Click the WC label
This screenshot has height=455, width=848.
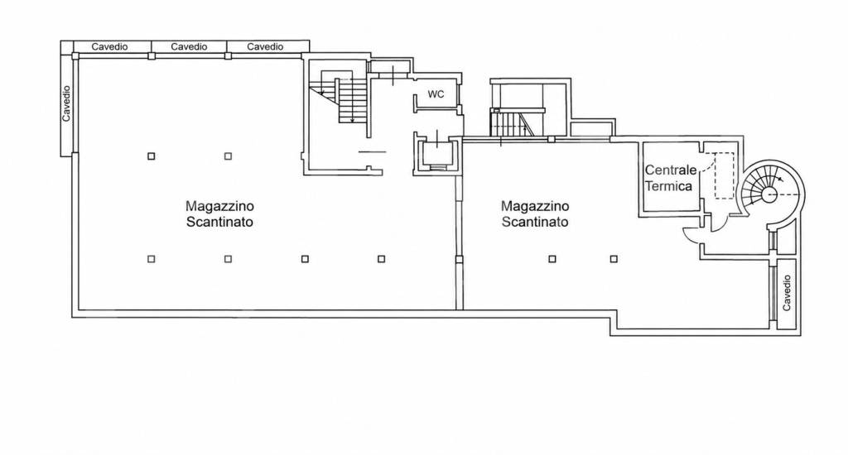coord(436,94)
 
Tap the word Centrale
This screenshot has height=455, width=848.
coord(671,170)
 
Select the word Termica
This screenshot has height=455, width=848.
coord(668,186)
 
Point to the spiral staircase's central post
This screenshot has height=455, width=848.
coord(768,194)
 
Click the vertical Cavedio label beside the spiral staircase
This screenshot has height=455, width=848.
coord(787,293)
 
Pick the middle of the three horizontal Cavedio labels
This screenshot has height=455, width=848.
coord(189,46)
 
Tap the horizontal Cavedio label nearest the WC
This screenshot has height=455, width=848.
coord(265,46)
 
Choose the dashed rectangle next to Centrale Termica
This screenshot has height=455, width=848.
coord(723,175)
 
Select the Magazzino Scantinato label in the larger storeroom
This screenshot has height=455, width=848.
coord(219,213)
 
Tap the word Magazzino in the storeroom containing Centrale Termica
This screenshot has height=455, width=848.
coord(535,206)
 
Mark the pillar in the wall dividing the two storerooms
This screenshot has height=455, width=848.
coord(459,260)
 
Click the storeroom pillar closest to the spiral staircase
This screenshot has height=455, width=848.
coord(614,259)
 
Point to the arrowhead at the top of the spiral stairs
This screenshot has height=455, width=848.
coord(778,179)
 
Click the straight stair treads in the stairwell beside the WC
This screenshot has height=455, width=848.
coord(352,100)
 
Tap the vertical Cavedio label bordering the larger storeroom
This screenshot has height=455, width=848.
coord(66,103)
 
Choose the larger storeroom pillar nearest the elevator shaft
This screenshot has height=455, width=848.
coord(381,259)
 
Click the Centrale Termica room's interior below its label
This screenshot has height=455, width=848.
coord(669,203)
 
